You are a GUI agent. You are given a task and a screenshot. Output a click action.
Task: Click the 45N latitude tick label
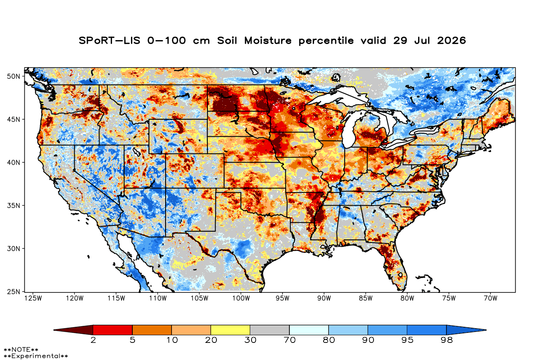point(13,120)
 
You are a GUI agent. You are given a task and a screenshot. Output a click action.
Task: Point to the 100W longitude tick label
point(241,298)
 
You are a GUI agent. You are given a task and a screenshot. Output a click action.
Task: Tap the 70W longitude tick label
point(490,298)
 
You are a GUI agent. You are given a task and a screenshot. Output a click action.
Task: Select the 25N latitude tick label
point(13,292)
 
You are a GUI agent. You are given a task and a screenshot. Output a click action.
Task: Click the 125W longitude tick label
point(33,298)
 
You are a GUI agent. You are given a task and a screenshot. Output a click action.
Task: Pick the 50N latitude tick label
point(13,76)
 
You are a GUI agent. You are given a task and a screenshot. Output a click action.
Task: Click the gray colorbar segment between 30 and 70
point(270,330)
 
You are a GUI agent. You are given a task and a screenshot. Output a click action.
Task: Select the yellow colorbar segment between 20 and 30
point(230,330)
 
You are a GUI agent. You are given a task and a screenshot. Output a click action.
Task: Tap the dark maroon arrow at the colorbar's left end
point(73,330)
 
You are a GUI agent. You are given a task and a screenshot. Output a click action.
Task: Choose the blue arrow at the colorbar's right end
point(466,330)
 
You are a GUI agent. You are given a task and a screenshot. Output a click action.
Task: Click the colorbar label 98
point(446,340)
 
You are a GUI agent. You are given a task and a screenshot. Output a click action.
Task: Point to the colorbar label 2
point(93,340)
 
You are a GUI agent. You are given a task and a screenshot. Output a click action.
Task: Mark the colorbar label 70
point(289,340)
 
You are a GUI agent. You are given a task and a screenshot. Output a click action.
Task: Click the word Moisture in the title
point(268,40)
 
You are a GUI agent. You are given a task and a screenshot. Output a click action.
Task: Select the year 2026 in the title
point(451,40)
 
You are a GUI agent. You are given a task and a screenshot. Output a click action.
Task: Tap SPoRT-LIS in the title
point(109,40)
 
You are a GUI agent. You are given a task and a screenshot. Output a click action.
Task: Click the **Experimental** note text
point(36,356)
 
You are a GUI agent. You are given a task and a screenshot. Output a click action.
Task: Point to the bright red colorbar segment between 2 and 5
point(113,330)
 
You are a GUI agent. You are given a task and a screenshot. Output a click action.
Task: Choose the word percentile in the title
point(326,41)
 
